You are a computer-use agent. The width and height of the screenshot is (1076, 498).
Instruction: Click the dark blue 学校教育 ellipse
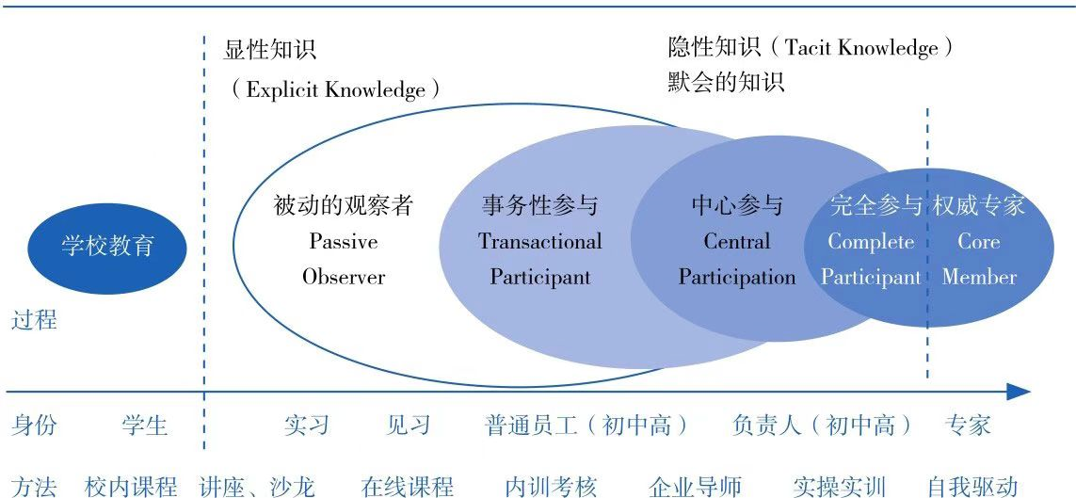tap(107, 249)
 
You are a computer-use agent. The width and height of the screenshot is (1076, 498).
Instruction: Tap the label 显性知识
tap(269, 50)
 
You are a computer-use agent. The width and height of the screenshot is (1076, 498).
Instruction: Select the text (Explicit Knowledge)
tap(335, 89)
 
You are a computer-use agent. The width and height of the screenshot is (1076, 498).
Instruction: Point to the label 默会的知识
tap(726, 82)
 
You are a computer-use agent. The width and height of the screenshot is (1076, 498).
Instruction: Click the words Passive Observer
tap(344, 259)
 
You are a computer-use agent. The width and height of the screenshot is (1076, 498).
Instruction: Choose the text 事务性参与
tap(540, 205)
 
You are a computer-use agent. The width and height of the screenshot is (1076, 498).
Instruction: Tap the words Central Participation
tap(737, 259)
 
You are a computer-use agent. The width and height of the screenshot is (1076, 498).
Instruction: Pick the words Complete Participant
tap(871, 259)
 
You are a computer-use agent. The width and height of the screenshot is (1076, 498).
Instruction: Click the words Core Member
tap(979, 259)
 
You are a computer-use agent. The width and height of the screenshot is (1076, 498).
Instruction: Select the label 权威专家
tap(979, 205)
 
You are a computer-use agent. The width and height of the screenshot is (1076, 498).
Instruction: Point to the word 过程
tap(34, 320)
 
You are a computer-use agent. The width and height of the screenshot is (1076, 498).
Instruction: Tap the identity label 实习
tap(307, 426)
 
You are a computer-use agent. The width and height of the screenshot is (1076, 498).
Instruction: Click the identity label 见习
tap(409, 426)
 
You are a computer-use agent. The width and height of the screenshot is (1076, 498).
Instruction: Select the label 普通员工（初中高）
tap(586, 426)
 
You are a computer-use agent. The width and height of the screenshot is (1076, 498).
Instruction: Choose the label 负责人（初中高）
tap(823, 426)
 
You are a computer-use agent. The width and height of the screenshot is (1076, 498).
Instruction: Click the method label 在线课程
tap(409, 486)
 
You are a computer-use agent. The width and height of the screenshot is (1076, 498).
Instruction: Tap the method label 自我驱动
tap(973, 486)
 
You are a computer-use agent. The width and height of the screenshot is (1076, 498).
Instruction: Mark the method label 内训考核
tap(551, 486)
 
